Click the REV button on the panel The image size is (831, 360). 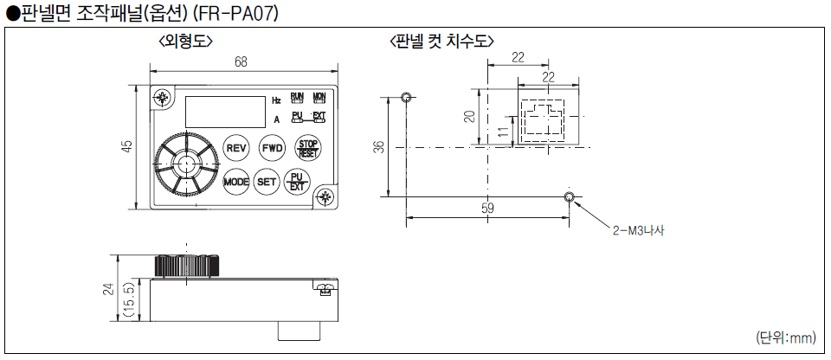point(237,148)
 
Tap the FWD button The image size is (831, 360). point(273,148)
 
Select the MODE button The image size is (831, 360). point(236,182)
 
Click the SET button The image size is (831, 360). point(267,182)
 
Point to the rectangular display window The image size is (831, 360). point(224,110)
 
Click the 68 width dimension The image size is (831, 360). point(240,61)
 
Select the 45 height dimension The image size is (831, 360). point(127,147)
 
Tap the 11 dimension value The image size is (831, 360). point(503,132)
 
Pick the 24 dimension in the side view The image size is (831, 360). point(108,290)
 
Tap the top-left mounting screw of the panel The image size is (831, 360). point(161,97)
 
